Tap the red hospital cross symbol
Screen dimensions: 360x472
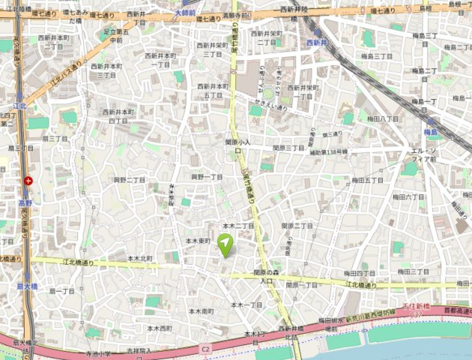click(28, 180)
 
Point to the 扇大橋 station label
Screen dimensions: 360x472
click(28, 286)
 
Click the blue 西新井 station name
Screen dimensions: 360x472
click(318, 42)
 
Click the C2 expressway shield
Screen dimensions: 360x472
click(205, 349)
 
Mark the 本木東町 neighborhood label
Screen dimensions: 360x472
click(199, 241)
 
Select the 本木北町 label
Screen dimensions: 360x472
click(139, 258)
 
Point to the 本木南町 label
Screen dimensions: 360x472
click(201, 310)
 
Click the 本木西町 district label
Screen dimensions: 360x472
click(160, 328)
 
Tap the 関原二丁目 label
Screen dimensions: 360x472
click(297, 226)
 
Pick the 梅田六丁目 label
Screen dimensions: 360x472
click(408, 196)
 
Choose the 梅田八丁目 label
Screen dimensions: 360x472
click(384, 118)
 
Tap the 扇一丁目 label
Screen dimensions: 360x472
click(62, 290)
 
